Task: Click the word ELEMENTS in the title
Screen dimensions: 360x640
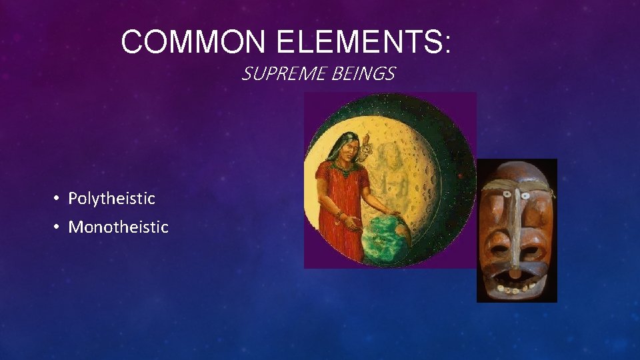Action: click(356, 42)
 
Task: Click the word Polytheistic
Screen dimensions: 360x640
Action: click(111, 198)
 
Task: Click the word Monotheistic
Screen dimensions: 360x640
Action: click(118, 227)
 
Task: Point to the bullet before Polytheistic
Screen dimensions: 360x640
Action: click(58, 199)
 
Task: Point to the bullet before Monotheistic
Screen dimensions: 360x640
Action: click(58, 227)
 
